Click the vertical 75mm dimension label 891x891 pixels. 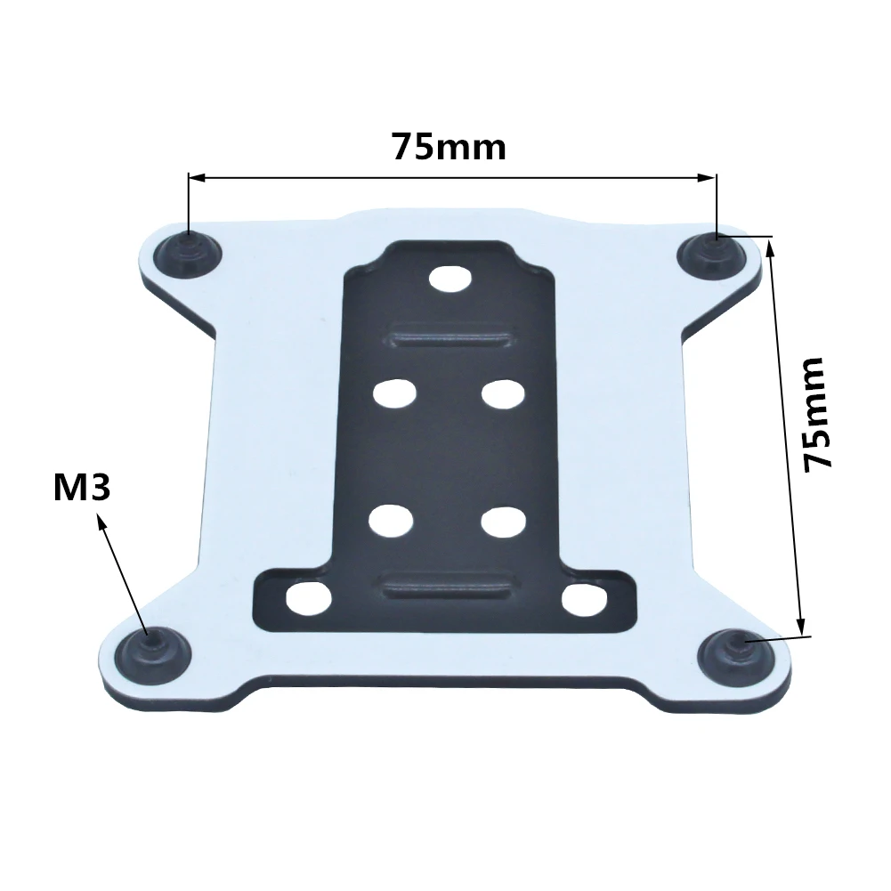pyautogui.click(x=817, y=414)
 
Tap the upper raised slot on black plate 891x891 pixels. pyautogui.click(x=450, y=339)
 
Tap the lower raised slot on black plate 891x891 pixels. pyautogui.click(x=445, y=587)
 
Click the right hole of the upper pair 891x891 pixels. pyautogui.click(x=501, y=393)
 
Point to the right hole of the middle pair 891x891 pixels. pyautogui.click(x=501, y=520)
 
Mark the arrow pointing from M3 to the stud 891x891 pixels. pyautogui.click(x=123, y=570)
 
